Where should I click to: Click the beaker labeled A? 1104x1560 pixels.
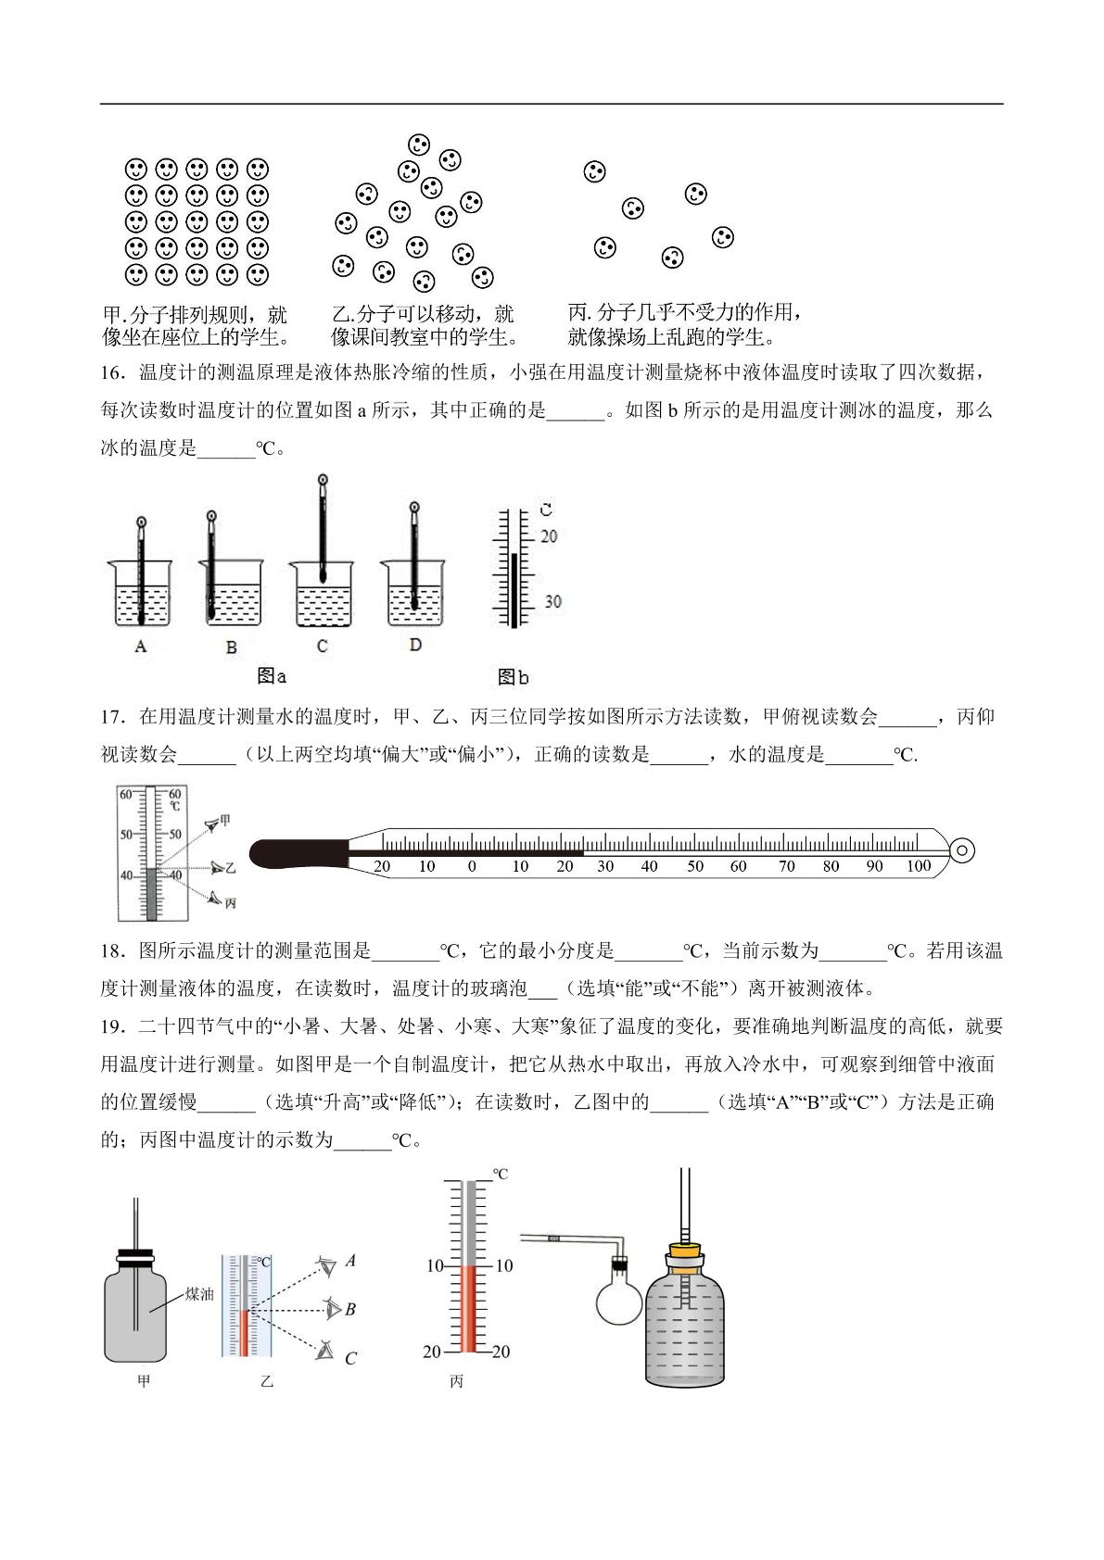[140, 594]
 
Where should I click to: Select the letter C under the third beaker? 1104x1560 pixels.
[322, 647]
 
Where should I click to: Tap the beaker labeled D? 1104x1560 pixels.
[413, 594]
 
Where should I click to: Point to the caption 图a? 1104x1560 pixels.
[272, 675]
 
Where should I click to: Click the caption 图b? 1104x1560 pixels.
[513, 676]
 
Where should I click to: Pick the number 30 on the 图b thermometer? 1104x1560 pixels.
[552, 602]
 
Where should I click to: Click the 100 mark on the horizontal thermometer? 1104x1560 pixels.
[919, 865]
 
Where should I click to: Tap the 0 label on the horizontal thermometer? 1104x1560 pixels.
[472, 866]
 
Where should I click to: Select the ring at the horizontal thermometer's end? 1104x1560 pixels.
[962, 850]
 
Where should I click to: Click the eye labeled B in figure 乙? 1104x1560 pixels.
[333, 1309]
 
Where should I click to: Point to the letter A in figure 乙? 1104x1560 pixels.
[350, 1260]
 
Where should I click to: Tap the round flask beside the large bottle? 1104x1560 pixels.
[618, 1296]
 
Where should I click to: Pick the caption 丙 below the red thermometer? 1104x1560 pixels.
[456, 1381]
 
